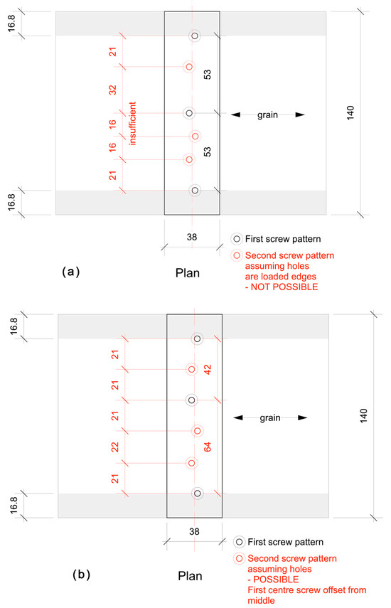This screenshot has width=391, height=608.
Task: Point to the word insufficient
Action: click(x=132, y=124)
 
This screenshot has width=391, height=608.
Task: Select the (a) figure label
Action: click(x=73, y=271)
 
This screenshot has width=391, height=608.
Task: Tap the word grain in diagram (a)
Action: click(x=269, y=114)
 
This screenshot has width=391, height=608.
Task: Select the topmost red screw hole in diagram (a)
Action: click(x=188, y=67)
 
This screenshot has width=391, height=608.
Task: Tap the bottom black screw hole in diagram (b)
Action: click(x=198, y=493)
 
